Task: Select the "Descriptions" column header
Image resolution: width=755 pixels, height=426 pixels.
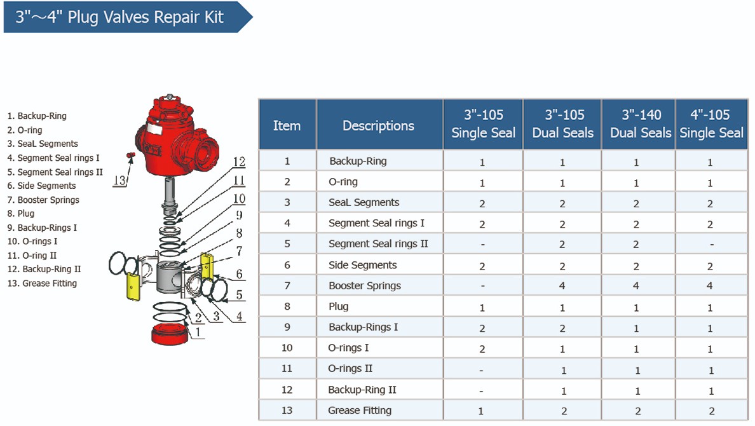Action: coord(379,125)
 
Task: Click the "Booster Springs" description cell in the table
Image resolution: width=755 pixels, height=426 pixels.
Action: coord(365,285)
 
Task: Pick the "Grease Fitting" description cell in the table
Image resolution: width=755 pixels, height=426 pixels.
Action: coord(360,410)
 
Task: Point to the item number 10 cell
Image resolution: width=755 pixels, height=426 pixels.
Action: coord(287,348)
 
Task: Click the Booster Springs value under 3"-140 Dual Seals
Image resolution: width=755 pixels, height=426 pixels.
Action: coord(636,286)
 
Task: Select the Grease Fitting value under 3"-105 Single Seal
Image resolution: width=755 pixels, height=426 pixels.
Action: coord(482,411)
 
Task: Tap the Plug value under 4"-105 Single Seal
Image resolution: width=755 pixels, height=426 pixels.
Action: coord(711,307)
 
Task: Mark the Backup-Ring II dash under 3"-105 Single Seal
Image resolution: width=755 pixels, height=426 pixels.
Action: coord(482,390)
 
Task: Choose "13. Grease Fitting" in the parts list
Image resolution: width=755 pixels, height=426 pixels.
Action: coord(42,284)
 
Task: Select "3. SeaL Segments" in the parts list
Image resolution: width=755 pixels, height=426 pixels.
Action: coord(43,144)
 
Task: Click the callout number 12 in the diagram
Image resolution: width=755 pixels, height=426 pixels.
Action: coord(238,162)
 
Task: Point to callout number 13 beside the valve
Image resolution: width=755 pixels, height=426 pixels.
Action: coord(119,180)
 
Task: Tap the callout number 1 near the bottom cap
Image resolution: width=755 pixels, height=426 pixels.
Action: coord(198,331)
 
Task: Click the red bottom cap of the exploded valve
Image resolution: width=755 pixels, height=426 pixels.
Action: coord(169,333)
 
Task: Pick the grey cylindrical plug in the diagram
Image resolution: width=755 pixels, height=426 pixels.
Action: coord(170,278)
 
